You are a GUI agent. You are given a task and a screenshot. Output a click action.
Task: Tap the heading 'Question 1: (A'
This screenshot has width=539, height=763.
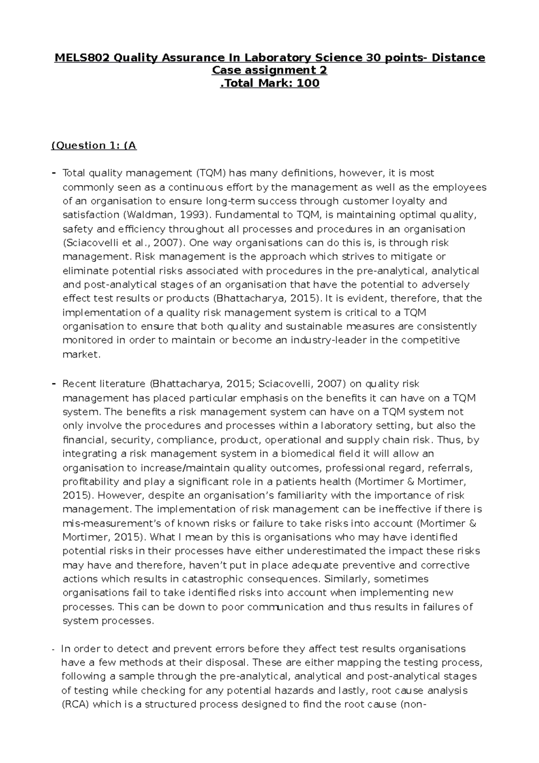[94, 145]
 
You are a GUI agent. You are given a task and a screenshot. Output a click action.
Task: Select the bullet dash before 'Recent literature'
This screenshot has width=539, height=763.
[54, 384]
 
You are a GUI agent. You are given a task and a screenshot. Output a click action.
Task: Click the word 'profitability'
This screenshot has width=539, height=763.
[91, 481]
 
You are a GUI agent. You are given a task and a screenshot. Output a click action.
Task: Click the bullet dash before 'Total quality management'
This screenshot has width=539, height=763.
[54, 173]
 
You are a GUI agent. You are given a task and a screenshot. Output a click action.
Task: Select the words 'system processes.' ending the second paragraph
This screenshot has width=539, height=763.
[108, 621]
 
